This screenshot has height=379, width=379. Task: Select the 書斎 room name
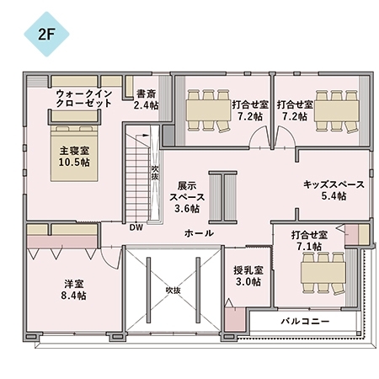pos(145,93)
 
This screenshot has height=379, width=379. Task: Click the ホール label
pos(198,232)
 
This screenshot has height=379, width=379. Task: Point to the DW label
pos(136,227)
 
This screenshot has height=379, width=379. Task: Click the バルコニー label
pos(304,323)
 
